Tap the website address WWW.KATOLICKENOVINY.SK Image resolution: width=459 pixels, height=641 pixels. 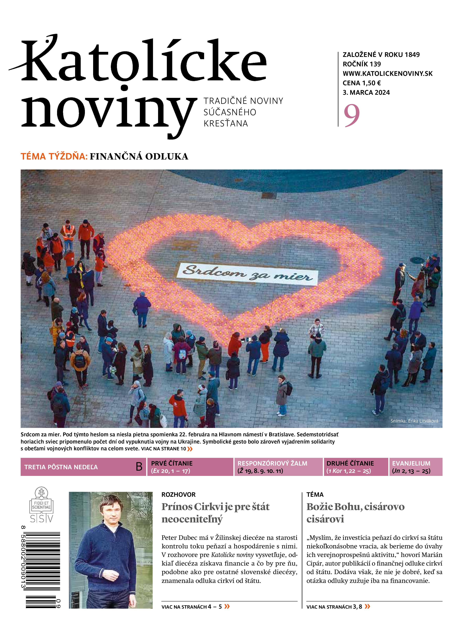(x=388, y=74)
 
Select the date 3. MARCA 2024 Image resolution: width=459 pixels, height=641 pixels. (x=366, y=92)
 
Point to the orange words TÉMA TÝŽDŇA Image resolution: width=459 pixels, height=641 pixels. (x=54, y=156)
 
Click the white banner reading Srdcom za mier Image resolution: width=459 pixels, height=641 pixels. (x=247, y=274)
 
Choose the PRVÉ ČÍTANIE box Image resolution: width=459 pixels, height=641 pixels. (x=190, y=467)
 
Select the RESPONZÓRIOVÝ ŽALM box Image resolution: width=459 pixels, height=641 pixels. (x=278, y=467)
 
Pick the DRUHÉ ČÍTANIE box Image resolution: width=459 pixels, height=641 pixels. (x=356, y=467)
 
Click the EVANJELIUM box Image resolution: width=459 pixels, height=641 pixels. (x=415, y=467)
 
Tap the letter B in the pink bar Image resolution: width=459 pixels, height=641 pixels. (x=139, y=467)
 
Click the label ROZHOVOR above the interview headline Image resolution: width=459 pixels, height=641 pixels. (x=178, y=494)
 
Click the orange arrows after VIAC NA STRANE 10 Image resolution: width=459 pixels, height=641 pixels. (x=190, y=449)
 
